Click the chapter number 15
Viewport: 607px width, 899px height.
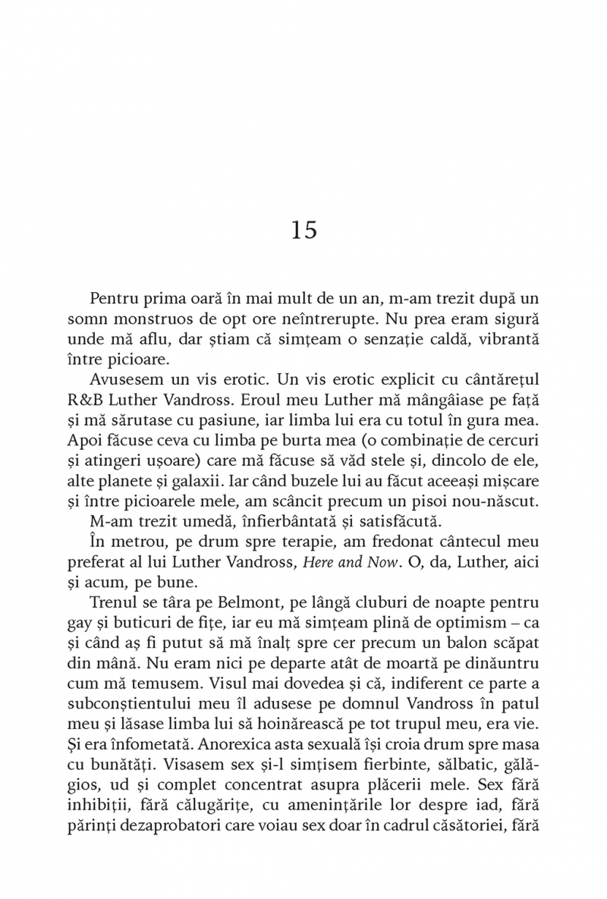[303, 230]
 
